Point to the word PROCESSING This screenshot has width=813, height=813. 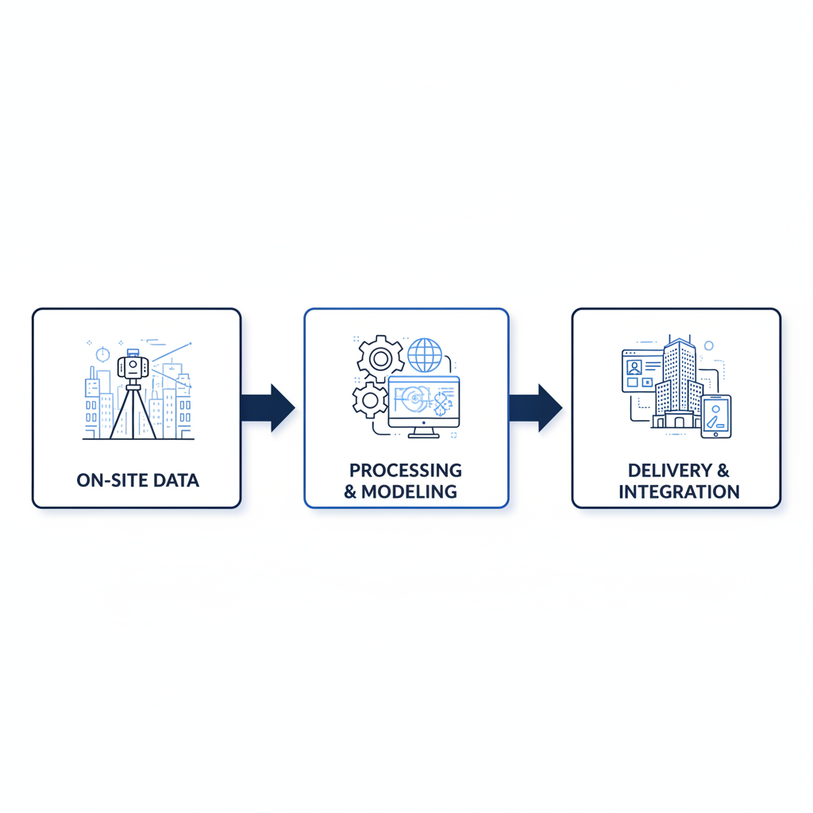406,470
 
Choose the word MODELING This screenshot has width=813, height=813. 409,491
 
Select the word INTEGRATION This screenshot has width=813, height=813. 679,491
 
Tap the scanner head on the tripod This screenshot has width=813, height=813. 133,366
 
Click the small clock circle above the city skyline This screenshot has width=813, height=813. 102,353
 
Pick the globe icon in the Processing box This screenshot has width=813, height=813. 424,354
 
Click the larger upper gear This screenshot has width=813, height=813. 380,359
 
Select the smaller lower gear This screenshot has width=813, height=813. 369,399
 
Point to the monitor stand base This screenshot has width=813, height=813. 423,434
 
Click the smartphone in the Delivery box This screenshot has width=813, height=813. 716,416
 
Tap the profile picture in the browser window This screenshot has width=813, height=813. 634,368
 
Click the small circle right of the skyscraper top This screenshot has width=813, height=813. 709,346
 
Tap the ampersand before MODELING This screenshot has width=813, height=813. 350,491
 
